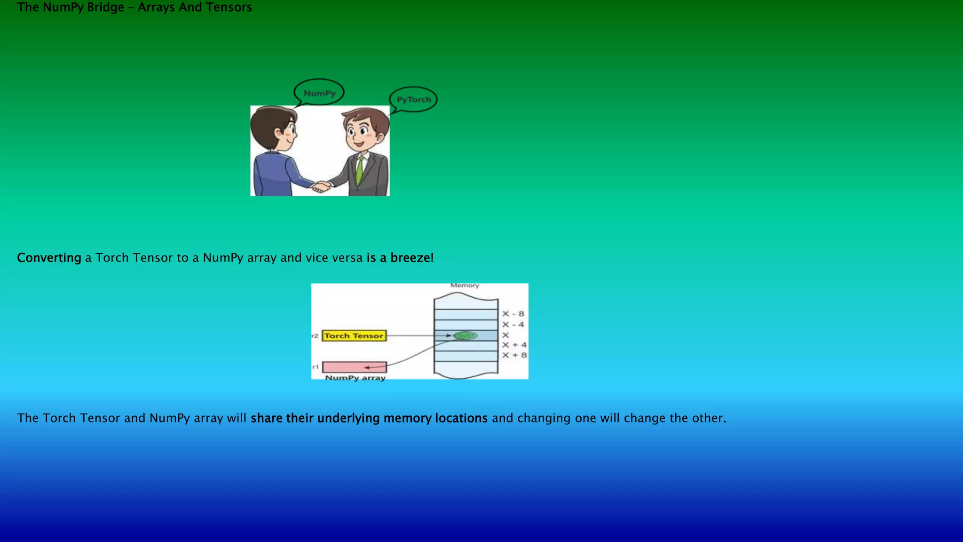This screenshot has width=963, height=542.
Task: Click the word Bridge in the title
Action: click(x=105, y=8)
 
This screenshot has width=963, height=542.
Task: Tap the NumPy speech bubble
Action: click(x=319, y=93)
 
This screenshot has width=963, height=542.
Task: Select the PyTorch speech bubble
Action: click(x=413, y=99)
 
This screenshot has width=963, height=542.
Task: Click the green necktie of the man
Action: click(x=360, y=169)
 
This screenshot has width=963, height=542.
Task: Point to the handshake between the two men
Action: click(x=322, y=186)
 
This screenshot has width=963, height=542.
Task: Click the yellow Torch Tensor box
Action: click(x=354, y=335)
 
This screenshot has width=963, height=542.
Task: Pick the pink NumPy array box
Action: click(x=354, y=367)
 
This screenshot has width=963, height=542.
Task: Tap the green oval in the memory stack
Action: click(x=466, y=335)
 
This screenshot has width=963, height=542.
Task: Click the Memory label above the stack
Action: click(x=465, y=286)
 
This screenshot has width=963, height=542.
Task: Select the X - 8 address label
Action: click(x=513, y=314)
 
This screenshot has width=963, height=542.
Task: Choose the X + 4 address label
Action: click(x=514, y=345)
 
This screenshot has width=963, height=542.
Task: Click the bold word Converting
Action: click(x=49, y=258)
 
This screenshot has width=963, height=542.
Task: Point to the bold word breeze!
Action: click(x=412, y=258)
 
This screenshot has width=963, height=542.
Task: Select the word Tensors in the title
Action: click(x=229, y=8)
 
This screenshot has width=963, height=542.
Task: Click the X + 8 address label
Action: click(x=514, y=355)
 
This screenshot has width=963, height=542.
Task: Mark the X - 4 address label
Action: click(x=513, y=325)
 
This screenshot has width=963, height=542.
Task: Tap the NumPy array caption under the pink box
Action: click(x=355, y=378)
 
